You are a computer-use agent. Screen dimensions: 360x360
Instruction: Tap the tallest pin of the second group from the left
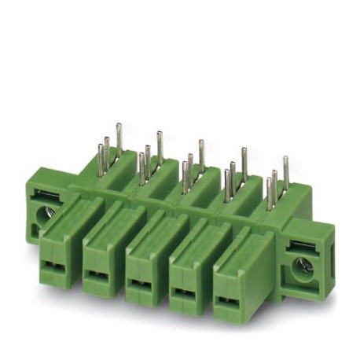pos(160,146)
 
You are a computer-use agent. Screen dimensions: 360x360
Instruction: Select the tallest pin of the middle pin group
pos(201,154)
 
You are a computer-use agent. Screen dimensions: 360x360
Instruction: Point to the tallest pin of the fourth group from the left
pos(243,162)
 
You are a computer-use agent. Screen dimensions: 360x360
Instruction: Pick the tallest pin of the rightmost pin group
pos(285,170)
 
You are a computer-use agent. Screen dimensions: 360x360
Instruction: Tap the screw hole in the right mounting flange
pos(303,267)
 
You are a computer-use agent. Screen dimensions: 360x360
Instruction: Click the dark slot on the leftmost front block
pos(56,262)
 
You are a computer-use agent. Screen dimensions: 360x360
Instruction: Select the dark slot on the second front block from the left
pos(98,274)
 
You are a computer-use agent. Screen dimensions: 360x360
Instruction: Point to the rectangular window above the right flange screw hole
pos(303,246)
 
